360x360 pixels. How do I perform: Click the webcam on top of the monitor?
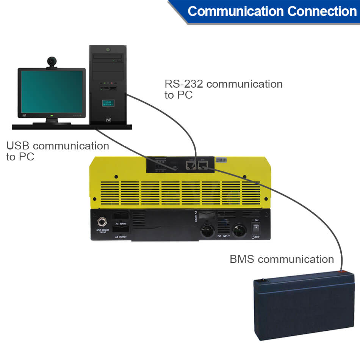(52, 62)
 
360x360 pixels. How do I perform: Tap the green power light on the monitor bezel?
(52, 114)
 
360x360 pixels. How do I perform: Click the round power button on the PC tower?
(108, 49)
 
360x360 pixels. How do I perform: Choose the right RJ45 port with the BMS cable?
(203, 165)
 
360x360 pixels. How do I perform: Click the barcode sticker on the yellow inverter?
(222, 160)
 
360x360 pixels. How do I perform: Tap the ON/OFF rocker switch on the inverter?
(256, 228)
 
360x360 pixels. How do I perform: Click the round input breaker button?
(102, 222)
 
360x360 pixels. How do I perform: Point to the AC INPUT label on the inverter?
(121, 224)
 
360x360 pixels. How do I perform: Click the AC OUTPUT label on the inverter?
(121, 237)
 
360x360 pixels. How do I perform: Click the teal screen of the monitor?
(52, 91)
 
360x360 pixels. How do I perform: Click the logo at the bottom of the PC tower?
(108, 119)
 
